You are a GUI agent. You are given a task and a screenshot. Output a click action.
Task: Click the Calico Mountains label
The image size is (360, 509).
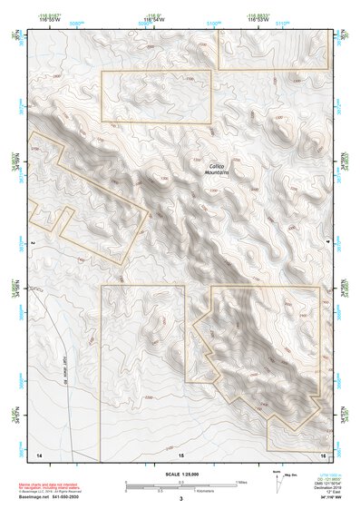pos(215,169)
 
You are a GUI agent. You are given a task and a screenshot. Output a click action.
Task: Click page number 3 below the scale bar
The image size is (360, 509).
pos(180,498)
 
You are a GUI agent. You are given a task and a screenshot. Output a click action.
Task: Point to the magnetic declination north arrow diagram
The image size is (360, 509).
pos(277,482)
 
